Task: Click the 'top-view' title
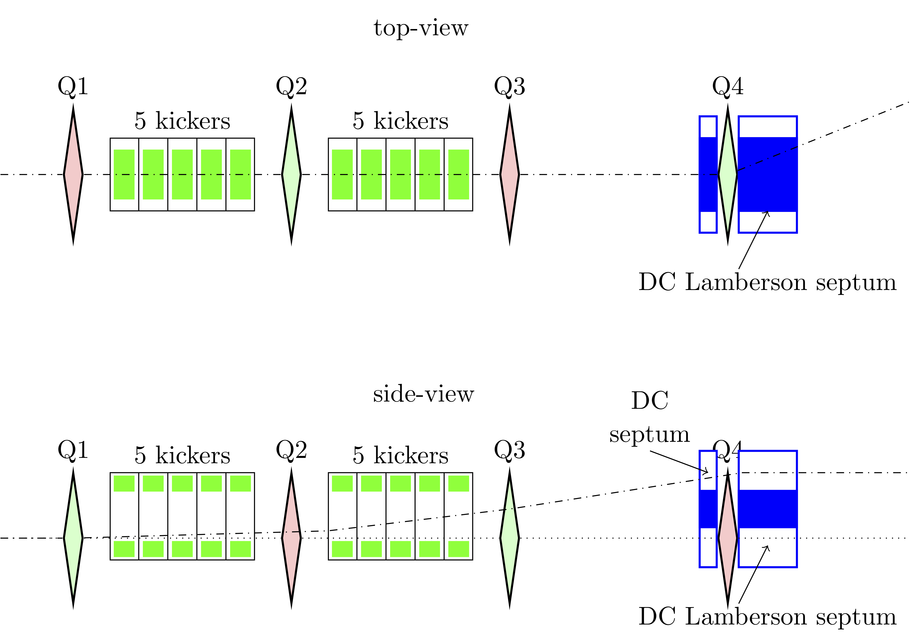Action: (421, 28)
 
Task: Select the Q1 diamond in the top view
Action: (73, 174)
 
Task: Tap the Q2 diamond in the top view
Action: (291, 174)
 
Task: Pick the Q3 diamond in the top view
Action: (510, 174)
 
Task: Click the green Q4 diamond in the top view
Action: (728, 174)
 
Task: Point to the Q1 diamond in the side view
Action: (73, 538)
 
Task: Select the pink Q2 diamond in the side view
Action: (291, 538)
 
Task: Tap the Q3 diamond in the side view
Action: (510, 538)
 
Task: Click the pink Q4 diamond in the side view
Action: (728, 538)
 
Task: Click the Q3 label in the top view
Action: (510, 86)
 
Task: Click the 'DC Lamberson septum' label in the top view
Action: (767, 283)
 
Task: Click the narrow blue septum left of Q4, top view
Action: (708, 174)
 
